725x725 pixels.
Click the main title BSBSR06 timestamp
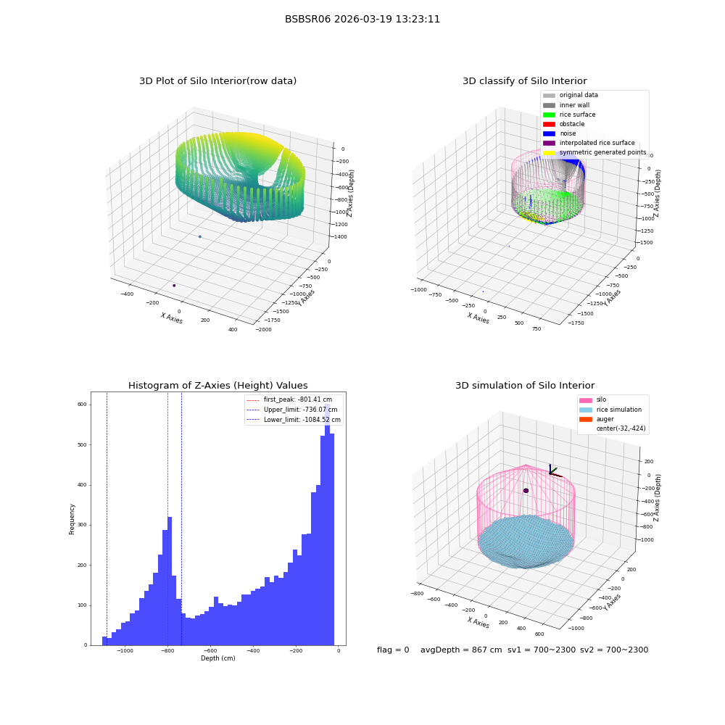click(362, 19)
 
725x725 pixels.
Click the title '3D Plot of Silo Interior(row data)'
click(217, 81)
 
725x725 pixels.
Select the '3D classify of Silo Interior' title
click(525, 81)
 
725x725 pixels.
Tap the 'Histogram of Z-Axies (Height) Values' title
click(217, 385)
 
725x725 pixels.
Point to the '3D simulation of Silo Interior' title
click(525, 385)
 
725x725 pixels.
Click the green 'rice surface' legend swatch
click(549, 115)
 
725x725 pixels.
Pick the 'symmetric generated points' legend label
click(603, 152)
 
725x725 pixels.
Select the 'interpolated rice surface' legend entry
click(589, 143)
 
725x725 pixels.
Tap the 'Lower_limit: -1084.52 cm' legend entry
click(294, 420)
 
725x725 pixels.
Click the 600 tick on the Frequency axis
click(82, 405)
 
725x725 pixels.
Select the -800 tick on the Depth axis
click(168, 650)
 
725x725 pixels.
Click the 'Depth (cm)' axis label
click(217, 658)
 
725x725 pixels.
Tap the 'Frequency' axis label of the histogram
click(72, 519)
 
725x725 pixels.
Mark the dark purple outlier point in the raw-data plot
click(174, 285)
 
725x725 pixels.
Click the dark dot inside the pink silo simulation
click(526, 491)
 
